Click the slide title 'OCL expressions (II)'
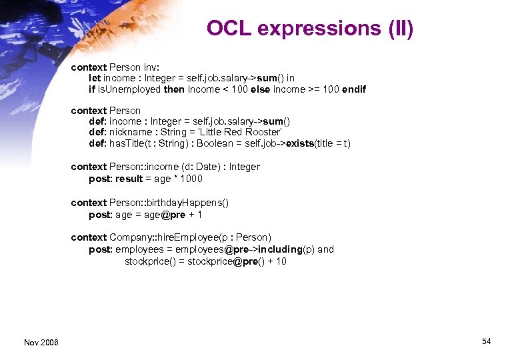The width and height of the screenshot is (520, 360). (310, 29)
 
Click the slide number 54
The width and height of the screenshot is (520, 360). (486, 341)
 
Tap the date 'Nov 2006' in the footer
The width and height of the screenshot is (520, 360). (41, 342)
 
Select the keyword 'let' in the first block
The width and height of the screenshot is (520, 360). (95, 78)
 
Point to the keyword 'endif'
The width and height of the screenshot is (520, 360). (354, 89)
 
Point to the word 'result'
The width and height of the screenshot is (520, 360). (129, 179)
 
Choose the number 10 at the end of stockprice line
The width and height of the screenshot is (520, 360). (281, 261)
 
